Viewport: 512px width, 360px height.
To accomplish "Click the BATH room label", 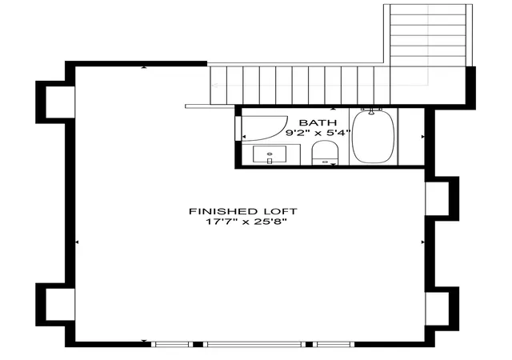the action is click(x=318, y=123).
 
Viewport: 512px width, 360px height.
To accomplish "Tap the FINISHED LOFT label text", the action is click(x=243, y=211).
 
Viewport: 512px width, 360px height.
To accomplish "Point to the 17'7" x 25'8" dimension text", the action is click(x=246, y=222).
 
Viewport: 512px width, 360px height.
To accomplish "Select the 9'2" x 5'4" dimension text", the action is click(x=318, y=133).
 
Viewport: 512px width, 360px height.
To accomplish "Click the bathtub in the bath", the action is click(x=374, y=137).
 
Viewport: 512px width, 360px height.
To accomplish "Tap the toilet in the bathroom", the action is click(x=325, y=153).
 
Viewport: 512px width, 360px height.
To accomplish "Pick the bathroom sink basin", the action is click(x=270, y=154).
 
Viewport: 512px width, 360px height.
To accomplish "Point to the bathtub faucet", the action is click(x=371, y=110).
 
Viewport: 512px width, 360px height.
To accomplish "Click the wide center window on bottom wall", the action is click(x=254, y=344).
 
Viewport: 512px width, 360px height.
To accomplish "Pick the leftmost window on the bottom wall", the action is click(x=172, y=344).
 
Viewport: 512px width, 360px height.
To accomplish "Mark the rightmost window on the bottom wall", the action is click(x=334, y=344).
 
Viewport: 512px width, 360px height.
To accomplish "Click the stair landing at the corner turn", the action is click(x=428, y=86).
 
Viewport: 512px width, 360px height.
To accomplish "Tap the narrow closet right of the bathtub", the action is click(x=411, y=137).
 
